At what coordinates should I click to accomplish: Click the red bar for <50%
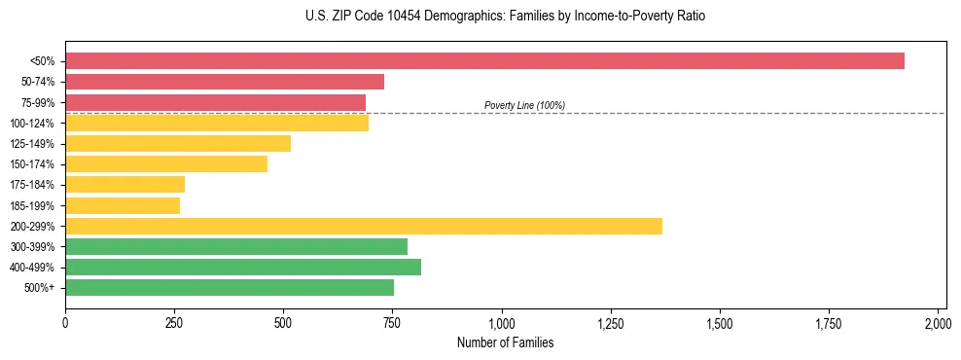point(484,61)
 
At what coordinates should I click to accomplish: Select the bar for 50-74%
point(225,82)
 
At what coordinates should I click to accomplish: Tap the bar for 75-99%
point(215,102)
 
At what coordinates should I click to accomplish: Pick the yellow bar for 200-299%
point(364,226)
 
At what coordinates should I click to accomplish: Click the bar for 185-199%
point(123,205)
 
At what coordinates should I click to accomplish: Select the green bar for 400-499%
point(243,267)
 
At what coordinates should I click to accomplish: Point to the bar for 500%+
point(230,287)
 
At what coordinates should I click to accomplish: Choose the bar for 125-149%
point(178,143)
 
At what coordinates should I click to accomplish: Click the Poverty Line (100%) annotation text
point(524,105)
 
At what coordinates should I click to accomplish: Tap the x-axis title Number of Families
point(506,342)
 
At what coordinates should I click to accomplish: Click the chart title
point(505,17)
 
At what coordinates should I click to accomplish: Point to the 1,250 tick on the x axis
point(611,322)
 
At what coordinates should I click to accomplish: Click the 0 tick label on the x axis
point(65,322)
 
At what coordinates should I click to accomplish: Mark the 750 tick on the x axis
point(393,322)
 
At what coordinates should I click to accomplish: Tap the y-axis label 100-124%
point(32,124)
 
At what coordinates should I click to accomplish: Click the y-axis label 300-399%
point(32,247)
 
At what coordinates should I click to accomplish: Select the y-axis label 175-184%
point(32,185)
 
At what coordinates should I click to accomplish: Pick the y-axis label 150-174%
point(32,164)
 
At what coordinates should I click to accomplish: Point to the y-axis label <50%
point(42,61)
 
